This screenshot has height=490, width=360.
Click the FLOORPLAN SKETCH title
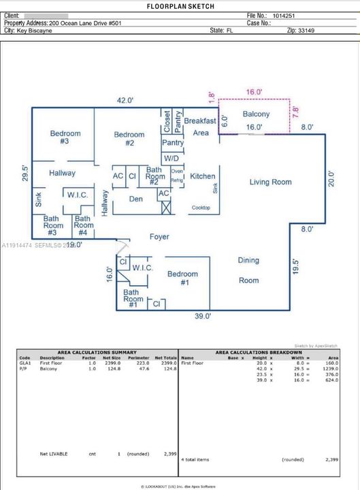click(x=180, y=6)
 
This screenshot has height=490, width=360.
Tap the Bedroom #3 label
click(x=65, y=137)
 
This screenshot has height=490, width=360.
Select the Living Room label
click(x=270, y=182)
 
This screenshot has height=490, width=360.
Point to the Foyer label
click(x=159, y=237)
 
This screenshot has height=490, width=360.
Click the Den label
click(x=135, y=199)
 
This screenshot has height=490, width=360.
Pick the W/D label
click(x=171, y=158)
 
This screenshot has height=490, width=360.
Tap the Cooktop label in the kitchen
click(x=200, y=208)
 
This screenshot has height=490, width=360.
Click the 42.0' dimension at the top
click(x=125, y=100)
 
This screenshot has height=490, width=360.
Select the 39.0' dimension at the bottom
click(x=203, y=316)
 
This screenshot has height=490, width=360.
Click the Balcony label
click(x=256, y=114)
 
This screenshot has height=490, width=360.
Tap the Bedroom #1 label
click(x=182, y=278)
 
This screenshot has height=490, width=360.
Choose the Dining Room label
click(x=248, y=270)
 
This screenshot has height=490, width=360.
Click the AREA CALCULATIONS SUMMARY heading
click(x=97, y=353)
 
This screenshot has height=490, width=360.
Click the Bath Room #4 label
click(x=84, y=223)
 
